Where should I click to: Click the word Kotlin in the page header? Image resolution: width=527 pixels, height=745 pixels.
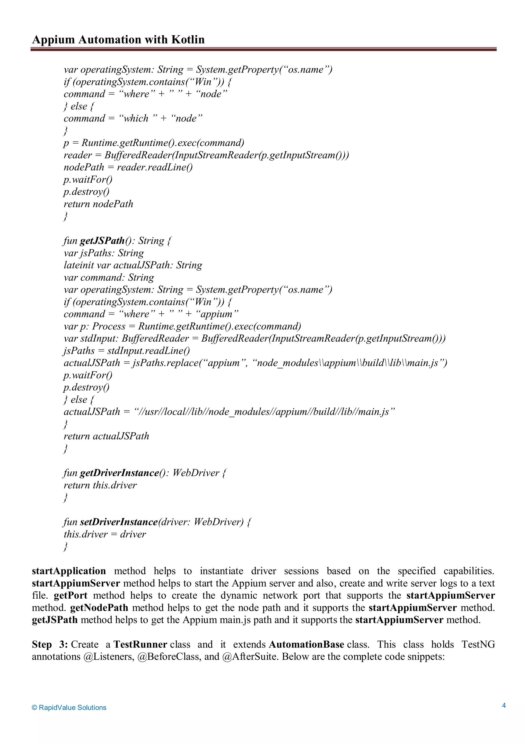188,40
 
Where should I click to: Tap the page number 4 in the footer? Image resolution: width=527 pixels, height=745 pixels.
504,705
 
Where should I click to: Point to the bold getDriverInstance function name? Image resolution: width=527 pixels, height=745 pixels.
119,473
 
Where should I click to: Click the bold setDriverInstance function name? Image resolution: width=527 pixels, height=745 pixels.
119,522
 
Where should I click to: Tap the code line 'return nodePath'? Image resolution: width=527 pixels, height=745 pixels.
98,204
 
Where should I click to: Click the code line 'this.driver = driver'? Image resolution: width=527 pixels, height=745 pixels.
104,534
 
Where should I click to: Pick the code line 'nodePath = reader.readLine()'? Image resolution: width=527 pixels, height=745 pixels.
128,167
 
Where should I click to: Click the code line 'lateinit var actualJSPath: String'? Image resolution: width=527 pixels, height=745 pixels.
133,265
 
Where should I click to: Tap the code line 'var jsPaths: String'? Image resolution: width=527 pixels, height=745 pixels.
103,253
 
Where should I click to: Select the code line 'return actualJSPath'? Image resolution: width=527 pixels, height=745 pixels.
106,436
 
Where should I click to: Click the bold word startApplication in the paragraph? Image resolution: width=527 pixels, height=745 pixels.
69,571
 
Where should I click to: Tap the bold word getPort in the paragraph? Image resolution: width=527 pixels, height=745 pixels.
71,596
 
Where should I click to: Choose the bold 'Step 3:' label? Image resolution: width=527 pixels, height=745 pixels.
50,644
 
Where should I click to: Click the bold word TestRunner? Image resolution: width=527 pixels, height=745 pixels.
140,644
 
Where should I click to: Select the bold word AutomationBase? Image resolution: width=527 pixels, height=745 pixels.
306,644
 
